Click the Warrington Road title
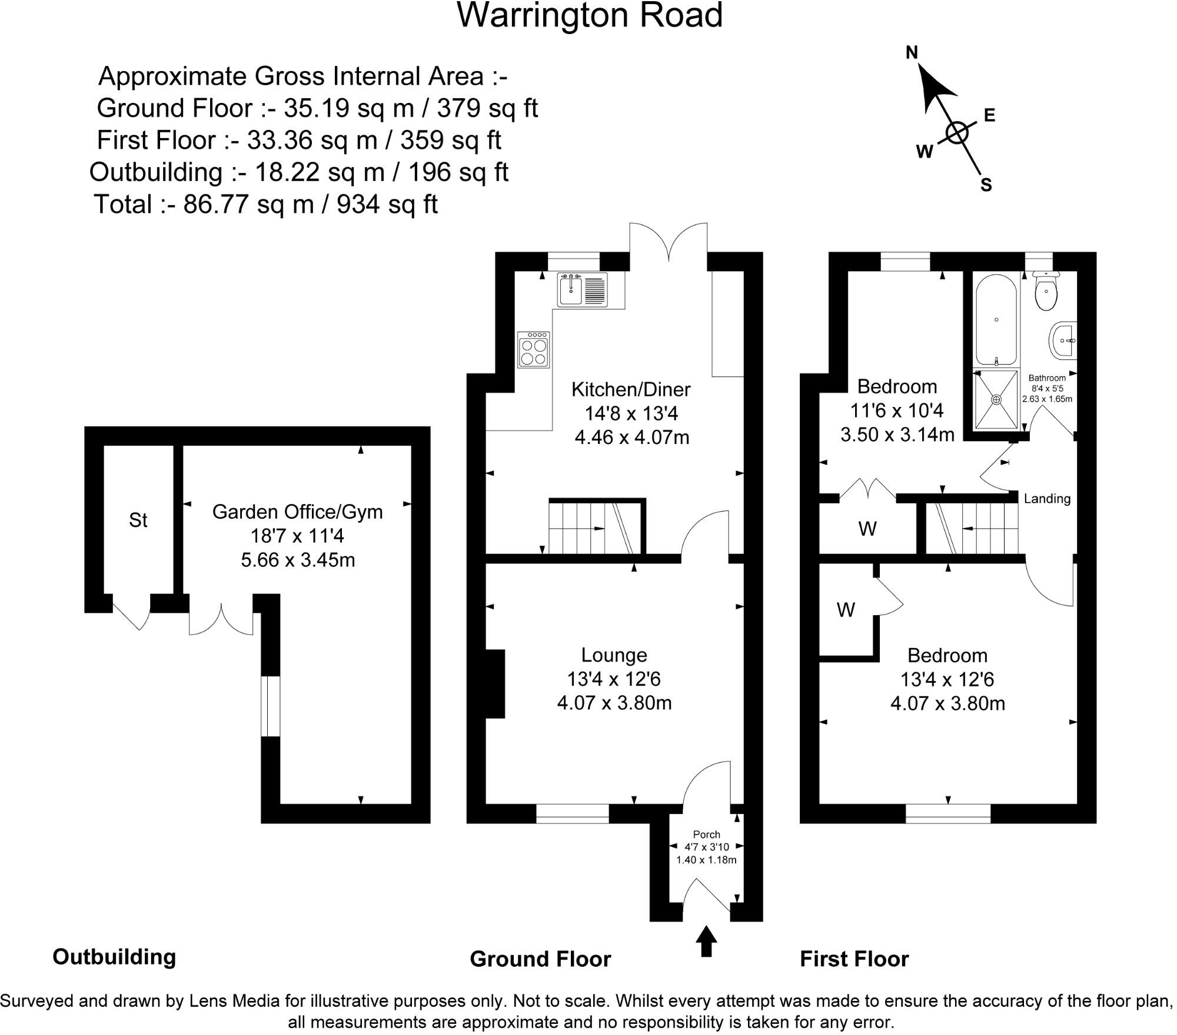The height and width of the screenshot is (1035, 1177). point(590,16)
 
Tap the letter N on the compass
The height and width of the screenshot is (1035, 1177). point(912,53)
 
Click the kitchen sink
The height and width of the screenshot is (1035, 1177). point(571,290)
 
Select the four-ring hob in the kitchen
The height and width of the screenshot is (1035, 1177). point(534,350)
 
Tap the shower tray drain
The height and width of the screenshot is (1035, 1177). point(996,399)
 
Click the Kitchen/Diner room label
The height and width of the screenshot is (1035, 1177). point(631,389)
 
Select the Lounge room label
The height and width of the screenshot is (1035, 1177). point(614,655)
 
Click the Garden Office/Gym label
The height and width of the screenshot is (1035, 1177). point(297,512)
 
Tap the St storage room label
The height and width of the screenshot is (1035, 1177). point(138,520)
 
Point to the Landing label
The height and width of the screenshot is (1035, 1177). point(1047,499)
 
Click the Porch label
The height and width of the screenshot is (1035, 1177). point(706,834)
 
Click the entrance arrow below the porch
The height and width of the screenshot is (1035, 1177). point(706,941)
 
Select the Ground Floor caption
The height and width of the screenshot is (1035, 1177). point(540,959)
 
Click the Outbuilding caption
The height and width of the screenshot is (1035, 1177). point(114,957)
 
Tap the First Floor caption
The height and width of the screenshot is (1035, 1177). point(854,959)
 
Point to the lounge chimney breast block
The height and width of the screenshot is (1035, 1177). point(494,683)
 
